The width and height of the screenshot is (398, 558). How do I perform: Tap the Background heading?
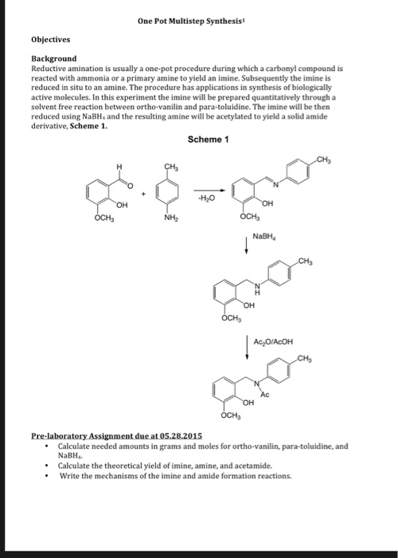click(x=54, y=58)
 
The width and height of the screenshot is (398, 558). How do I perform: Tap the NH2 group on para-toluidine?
click(x=169, y=218)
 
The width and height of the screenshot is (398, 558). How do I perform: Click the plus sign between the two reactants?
click(x=143, y=192)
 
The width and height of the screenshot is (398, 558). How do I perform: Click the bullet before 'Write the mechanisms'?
click(x=48, y=476)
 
